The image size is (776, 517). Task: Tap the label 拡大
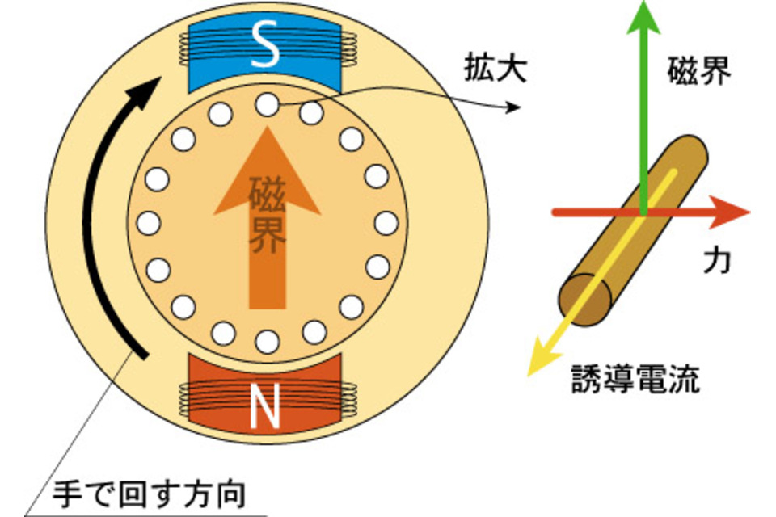pyautogui.click(x=495, y=69)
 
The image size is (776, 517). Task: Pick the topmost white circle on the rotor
pyautogui.click(x=267, y=104)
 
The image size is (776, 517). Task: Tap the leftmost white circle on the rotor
pyautogui.click(x=149, y=222)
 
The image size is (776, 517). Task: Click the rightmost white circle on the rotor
pyautogui.click(x=386, y=222)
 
